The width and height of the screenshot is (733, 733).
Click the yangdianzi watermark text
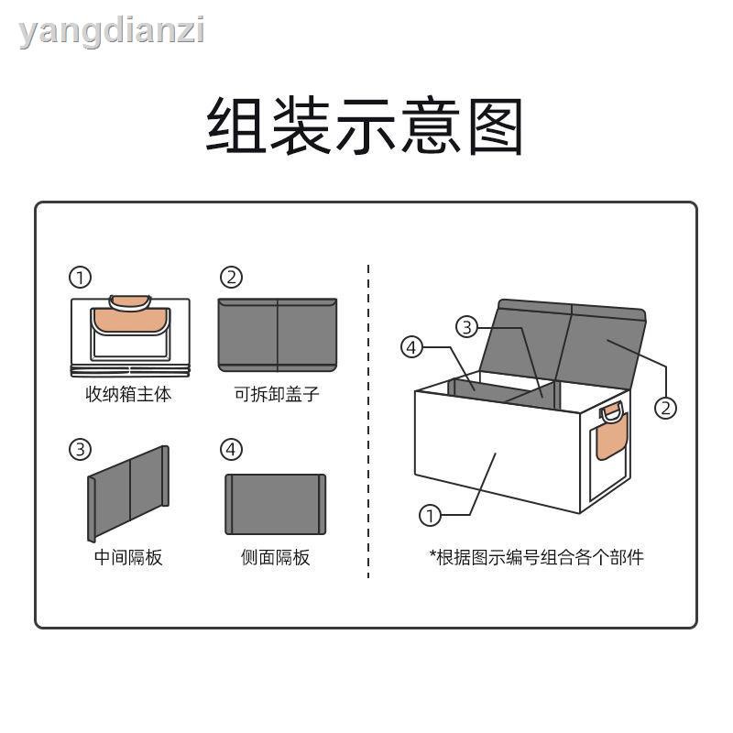pyautogui.click(x=112, y=32)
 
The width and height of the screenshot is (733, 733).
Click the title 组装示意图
pyautogui.click(x=365, y=126)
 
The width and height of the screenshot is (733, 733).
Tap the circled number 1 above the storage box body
pyautogui.click(x=80, y=278)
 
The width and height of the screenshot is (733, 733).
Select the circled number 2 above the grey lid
pyautogui.click(x=232, y=278)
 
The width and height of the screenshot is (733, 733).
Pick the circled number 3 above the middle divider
pyautogui.click(x=80, y=450)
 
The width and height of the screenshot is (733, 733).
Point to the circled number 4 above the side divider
pyautogui.click(x=232, y=450)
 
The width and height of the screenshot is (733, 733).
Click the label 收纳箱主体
pyautogui.click(x=128, y=394)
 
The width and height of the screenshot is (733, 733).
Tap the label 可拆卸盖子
pyautogui.click(x=277, y=394)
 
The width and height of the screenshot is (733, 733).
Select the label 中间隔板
pyautogui.click(x=128, y=557)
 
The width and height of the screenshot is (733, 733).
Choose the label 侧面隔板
pyautogui.click(x=276, y=557)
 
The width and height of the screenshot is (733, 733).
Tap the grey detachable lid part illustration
pyautogui.click(x=278, y=335)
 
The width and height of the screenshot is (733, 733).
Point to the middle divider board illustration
pyautogui.click(x=128, y=494)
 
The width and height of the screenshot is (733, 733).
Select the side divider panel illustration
pyautogui.click(x=276, y=505)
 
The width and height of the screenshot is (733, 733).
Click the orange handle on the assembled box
pyautogui.click(x=612, y=432)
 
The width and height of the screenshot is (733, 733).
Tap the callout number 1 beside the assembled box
pyautogui.click(x=430, y=516)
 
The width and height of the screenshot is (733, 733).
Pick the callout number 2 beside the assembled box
pyautogui.click(x=666, y=408)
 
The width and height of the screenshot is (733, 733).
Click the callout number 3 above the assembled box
pyautogui.click(x=467, y=327)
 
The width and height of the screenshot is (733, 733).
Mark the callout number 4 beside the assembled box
pyautogui.click(x=411, y=347)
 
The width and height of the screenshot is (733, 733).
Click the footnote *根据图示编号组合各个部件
pyautogui.click(x=536, y=557)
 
